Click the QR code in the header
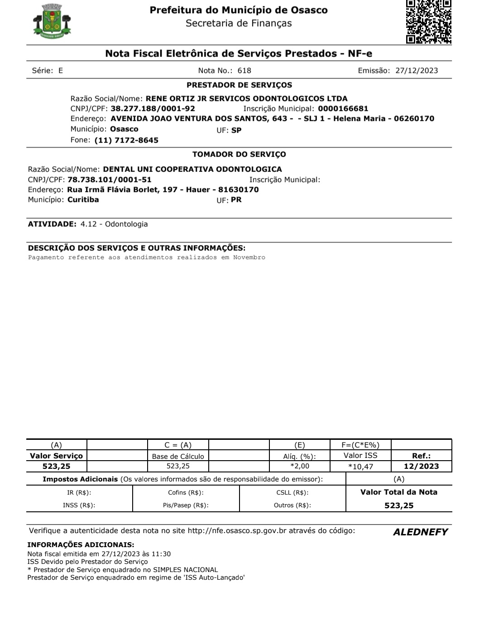coord(428,21)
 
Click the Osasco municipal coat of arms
coord(52,21)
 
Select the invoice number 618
coord(244,71)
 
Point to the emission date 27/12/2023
coord(417,71)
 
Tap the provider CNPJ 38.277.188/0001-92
coord(153,109)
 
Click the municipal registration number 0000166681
coord(343,109)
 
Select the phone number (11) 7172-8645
coord(126,140)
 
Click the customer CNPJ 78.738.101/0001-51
coord(109,180)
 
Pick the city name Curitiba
coord(83,200)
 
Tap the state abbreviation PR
coord(236,200)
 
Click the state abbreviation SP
coord(236,130)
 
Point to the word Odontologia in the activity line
coord(126,224)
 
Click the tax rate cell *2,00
coord(300,466)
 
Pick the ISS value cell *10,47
coord(360,467)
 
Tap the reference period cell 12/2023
coord(421,466)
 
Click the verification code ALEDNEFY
coord(420,532)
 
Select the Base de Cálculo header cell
coord(178,457)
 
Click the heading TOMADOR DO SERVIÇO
coord(239,154)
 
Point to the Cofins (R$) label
coord(186,493)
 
